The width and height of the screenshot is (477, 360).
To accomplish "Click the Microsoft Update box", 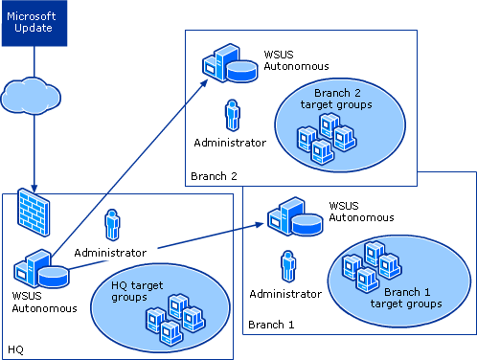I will point(33,24).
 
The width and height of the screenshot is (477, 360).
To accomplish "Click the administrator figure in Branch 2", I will point(231,116).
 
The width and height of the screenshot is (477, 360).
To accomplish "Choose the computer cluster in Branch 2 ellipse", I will point(326,138).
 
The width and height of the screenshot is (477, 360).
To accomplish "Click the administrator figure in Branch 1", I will point(287,267).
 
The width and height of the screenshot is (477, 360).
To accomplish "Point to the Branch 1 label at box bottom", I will point(271,326).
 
